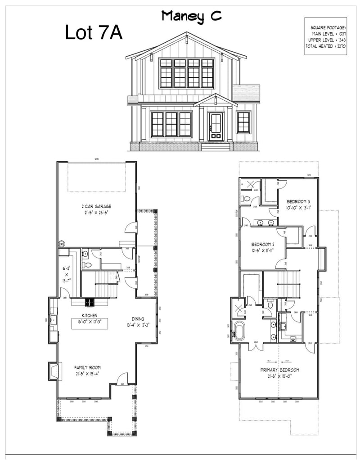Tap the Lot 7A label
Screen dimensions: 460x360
tap(94, 32)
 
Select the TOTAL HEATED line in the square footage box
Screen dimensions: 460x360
tap(325, 46)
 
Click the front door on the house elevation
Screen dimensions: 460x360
tap(216, 126)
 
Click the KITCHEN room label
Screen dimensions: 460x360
tap(90, 315)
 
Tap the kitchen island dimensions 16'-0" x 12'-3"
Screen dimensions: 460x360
tap(90, 322)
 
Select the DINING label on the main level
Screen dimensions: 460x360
tap(138, 319)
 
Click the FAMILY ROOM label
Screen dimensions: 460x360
tap(87, 367)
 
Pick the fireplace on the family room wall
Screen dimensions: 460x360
tap(54, 371)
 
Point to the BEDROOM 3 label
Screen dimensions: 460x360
tap(299, 201)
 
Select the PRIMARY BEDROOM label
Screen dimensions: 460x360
tap(279, 370)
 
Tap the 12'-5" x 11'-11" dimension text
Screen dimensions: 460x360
tap(263, 250)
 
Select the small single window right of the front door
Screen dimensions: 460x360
tap(243, 122)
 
